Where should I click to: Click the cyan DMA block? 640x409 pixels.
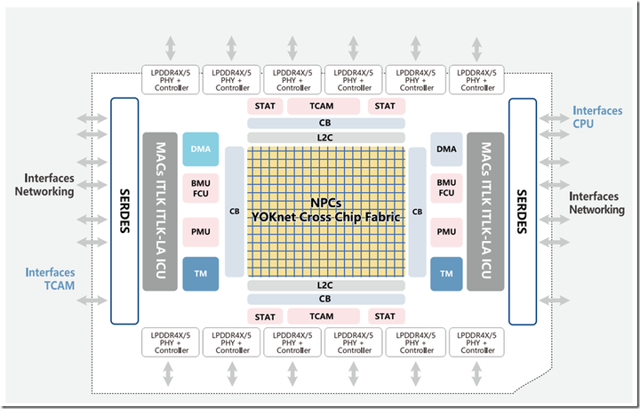(x=200, y=149)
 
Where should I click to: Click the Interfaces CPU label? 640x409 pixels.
(x=597, y=117)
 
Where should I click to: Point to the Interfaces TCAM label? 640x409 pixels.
(x=50, y=279)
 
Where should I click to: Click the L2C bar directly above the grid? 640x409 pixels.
(x=325, y=138)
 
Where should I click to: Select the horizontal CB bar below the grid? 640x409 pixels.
(x=325, y=299)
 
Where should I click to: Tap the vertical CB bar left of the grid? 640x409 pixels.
(x=235, y=212)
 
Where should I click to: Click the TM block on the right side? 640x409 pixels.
(x=446, y=274)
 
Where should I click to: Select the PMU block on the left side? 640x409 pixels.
(x=200, y=232)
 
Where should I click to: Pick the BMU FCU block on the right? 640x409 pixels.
(x=446, y=188)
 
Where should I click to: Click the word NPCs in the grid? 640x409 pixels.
(x=325, y=203)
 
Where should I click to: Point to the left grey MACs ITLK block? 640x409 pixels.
(x=160, y=212)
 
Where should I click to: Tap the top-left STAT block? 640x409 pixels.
(x=265, y=106)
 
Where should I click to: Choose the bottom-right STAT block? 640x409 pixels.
(x=385, y=317)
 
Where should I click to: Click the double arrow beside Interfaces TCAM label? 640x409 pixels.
(x=92, y=301)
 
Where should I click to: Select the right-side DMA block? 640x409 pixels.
(x=446, y=149)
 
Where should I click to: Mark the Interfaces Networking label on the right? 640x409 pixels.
(x=596, y=203)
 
